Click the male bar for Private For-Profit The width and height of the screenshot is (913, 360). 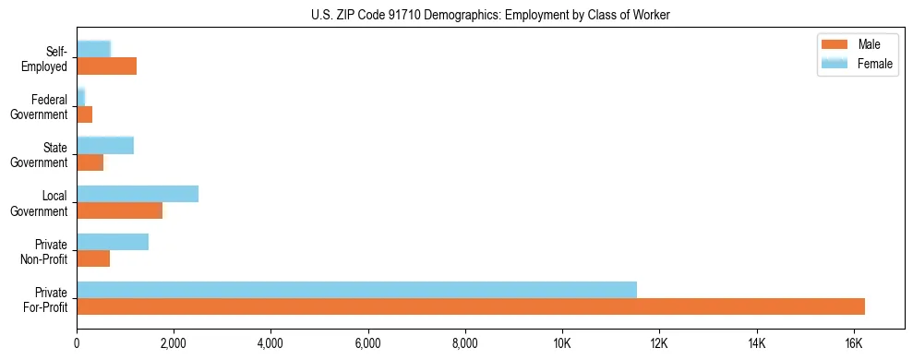tap(471, 306)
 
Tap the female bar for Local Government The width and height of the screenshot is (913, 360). tap(138, 194)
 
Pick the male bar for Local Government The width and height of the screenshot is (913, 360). tap(119, 210)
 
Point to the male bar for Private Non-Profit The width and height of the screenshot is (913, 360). tap(93, 258)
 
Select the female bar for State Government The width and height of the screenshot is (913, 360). tap(105, 145)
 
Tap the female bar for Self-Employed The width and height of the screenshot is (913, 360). tap(93, 49)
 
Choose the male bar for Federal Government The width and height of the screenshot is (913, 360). tap(84, 114)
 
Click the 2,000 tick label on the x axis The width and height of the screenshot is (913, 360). tap(174, 343)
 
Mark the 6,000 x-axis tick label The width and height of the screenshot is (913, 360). tap(367, 343)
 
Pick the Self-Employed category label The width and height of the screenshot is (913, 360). tap(44, 58)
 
